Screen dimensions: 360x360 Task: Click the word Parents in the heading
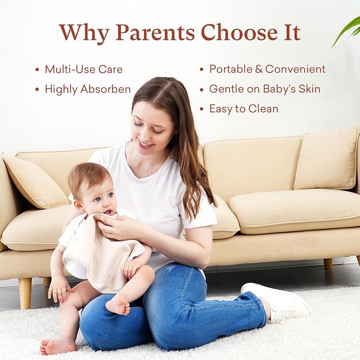(155, 32)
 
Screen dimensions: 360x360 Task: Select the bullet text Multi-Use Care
(84, 69)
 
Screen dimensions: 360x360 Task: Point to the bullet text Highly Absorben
(87, 89)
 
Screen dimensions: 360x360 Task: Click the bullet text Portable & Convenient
(267, 69)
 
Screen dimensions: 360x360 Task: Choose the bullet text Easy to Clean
(244, 109)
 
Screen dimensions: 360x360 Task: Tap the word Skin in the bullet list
(310, 89)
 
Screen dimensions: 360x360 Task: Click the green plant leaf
(347, 32)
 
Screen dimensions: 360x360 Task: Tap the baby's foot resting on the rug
(58, 346)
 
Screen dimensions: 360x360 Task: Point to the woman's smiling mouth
(146, 144)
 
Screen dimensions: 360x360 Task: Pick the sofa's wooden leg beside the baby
(25, 293)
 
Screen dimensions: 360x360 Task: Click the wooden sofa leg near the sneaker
(328, 264)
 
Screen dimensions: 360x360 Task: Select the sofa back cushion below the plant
(327, 159)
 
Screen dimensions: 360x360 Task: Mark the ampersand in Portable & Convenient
(259, 69)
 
